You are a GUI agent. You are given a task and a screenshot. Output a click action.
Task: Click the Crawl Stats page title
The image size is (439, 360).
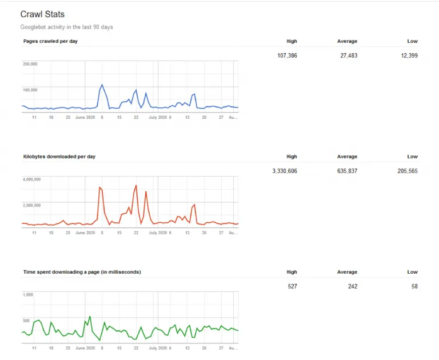(x=42, y=14)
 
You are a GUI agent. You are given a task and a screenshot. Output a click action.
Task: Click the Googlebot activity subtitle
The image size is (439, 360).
(x=67, y=27)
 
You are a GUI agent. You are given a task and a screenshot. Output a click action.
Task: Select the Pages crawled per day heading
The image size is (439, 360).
(x=50, y=41)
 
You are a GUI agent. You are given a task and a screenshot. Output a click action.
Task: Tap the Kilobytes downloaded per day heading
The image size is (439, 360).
(x=59, y=157)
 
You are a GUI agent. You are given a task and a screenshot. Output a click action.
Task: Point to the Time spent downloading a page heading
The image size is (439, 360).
(x=82, y=272)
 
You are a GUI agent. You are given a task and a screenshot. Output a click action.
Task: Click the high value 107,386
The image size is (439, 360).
(x=287, y=55)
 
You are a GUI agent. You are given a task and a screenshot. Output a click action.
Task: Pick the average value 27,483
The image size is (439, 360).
(x=349, y=55)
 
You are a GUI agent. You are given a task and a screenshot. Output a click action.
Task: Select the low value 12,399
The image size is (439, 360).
(x=409, y=55)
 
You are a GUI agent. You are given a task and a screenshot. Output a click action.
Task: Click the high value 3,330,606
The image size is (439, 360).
(x=285, y=171)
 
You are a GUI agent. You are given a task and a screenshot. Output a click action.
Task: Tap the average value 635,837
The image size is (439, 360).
(x=347, y=171)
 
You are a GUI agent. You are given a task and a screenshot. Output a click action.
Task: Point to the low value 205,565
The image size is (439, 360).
(x=408, y=171)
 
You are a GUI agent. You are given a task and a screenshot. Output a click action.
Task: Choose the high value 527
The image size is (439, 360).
(x=292, y=286)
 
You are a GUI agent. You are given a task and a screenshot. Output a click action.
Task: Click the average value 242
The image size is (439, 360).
(x=353, y=286)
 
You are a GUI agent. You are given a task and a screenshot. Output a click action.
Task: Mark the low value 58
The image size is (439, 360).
(x=414, y=286)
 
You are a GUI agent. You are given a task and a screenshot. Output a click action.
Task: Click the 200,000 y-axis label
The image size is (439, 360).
(x=30, y=64)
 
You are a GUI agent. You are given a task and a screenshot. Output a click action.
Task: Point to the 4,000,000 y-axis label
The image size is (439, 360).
(x=31, y=179)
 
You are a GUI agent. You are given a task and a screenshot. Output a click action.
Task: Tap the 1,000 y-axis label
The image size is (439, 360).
(x=27, y=294)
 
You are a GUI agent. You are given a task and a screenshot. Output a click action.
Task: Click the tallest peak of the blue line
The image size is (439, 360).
(x=102, y=85)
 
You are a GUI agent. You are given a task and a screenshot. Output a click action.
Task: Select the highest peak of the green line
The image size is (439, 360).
(x=90, y=317)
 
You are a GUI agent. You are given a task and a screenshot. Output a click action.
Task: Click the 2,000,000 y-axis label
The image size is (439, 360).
(x=31, y=205)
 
